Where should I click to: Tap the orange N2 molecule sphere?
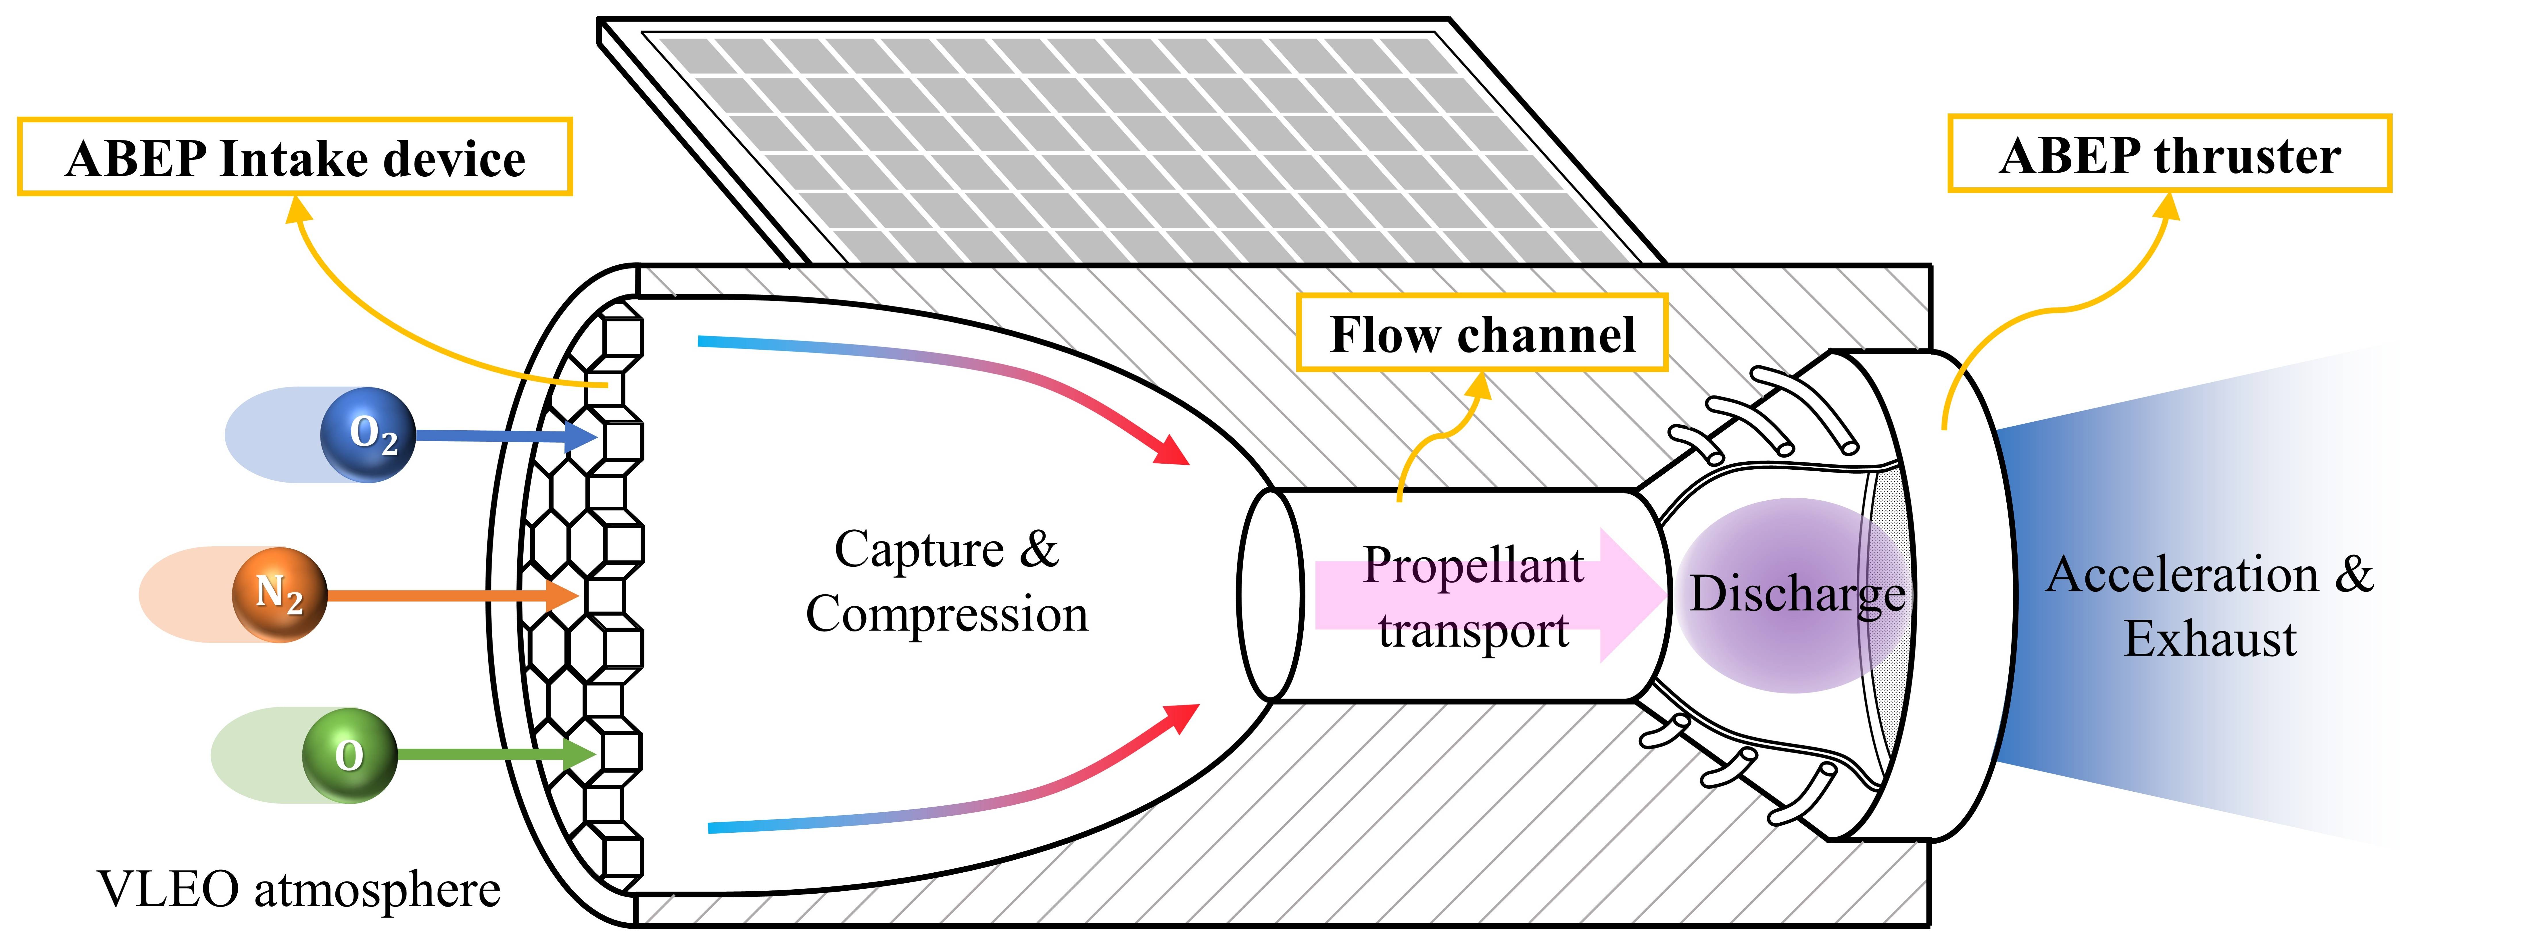278,594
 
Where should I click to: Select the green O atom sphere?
349,755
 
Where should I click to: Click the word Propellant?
1473,566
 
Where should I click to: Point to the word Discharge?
1797,593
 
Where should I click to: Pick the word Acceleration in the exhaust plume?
2182,574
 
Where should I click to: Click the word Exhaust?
2210,639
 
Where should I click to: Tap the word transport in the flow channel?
1473,630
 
